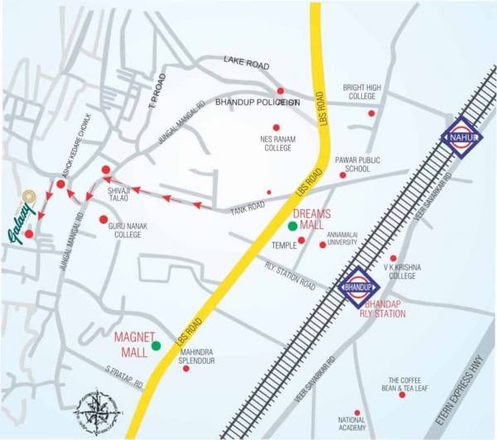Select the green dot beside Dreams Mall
[292, 226]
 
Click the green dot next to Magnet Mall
[156, 345]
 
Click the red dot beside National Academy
[357, 412]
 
